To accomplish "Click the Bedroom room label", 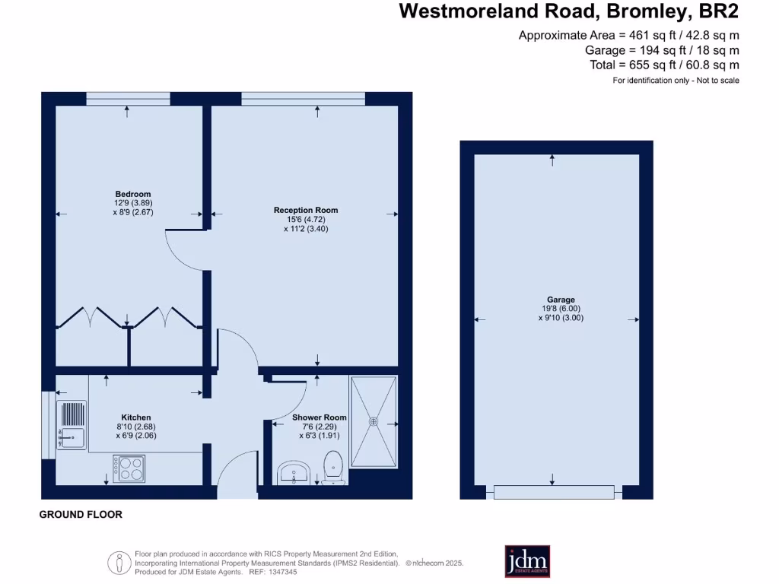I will coord(133,194).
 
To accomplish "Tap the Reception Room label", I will coord(306,210).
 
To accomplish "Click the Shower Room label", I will coord(320,417).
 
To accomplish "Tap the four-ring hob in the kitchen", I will coord(129,468).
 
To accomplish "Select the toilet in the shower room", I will coord(333,467).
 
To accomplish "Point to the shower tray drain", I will coord(374,420).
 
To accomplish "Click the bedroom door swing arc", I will coord(181,251).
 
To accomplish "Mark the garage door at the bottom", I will coord(553,492).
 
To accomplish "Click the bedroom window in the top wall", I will coord(127,99).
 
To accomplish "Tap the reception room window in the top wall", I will coord(303,99).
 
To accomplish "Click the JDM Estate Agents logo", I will coord(527,561).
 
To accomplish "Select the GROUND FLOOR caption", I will coord(81,515).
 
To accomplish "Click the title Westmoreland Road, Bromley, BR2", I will coord(568,11).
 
